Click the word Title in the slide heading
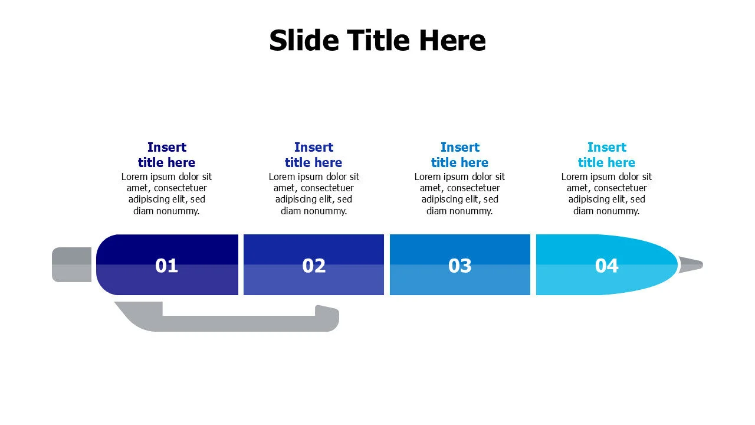pyautogui.click(x=378, y=41)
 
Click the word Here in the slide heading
pyautogui.click(x=452, y=41)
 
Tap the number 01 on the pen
pyautogui.click(x=166, y=266)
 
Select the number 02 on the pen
pyautogui.click(x=314, y=266)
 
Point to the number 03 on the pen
pyautogui.click(x=460, y=266)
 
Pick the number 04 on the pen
pyautogui.click(x=606, y=266)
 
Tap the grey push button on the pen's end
pyautogui.click(x=71, y=264)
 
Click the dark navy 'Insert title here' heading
pyautogui.click(x=166, y=155)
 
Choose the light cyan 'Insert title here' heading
pyautogui.click(x=606, y=155)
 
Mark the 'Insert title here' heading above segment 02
pyautogui.click(x=314, y=155)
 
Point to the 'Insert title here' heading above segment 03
pyautogui.click(x=460, y=155)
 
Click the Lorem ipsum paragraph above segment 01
pyautogui.click(x=166, y=194)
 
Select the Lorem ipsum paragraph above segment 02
pyautogui.click(x=314, y=194)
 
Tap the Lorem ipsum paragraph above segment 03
pyautogui.click(x=460, y=194)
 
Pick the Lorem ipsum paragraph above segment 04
pyautogui.click(x=606, y=194)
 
